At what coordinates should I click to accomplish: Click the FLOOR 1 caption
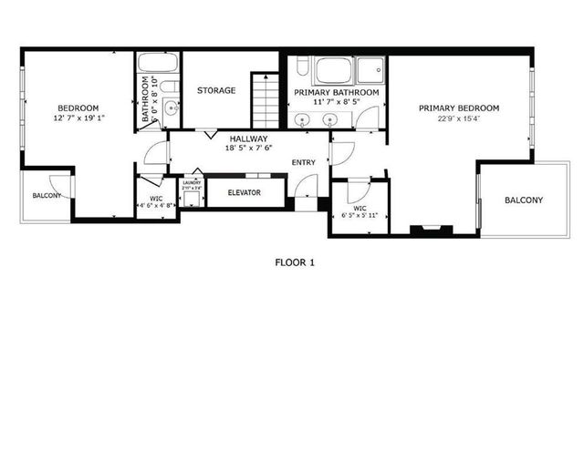(295, 262)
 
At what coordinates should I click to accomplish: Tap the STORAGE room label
(216, 90)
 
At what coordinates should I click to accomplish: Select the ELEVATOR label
(244, 193)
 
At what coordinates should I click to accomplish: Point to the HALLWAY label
(247, 138)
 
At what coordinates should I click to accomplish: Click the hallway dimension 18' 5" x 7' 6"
(247, 148)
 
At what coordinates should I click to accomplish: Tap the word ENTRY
(303, 163)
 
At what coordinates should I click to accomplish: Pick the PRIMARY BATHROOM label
(337, 93)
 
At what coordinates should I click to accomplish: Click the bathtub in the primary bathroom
(331, 70)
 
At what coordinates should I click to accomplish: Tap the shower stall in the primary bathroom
(370, 70)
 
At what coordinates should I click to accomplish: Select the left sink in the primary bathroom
(303, 118)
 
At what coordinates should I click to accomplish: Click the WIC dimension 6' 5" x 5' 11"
(359, 215)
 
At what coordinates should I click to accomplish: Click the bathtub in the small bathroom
(158, 64)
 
